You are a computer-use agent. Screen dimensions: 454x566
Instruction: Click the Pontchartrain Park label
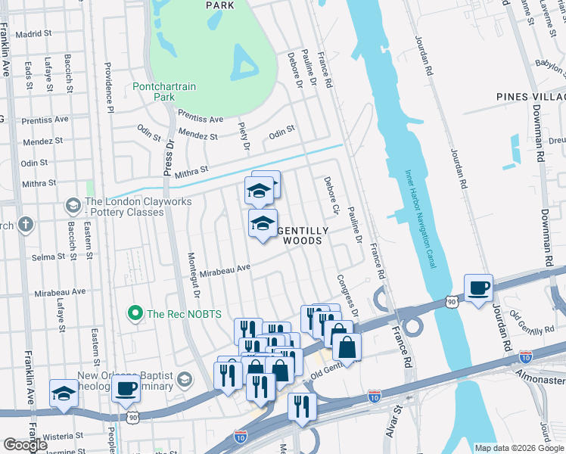(x=164, y=92)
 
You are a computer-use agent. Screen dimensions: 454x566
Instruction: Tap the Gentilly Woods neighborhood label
(x=302, y=235)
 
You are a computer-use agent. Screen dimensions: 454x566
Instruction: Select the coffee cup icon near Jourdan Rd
(x=478, y=288)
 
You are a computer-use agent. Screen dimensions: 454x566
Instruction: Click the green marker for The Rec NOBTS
(x=135, y=312)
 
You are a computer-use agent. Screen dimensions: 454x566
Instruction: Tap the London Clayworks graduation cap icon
(x=73, y=205)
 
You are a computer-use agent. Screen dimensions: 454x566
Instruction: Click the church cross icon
(x=26, y=225)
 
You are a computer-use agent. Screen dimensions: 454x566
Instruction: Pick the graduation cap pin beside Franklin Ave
(x=64, y=393)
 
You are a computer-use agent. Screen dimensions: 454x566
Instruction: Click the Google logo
(x=26, y=445)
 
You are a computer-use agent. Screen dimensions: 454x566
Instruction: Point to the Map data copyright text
(x=519, y=448)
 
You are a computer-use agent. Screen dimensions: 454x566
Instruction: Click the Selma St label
(x=48, y=257)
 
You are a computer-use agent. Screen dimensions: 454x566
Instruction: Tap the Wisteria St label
(x=64, y=436)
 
